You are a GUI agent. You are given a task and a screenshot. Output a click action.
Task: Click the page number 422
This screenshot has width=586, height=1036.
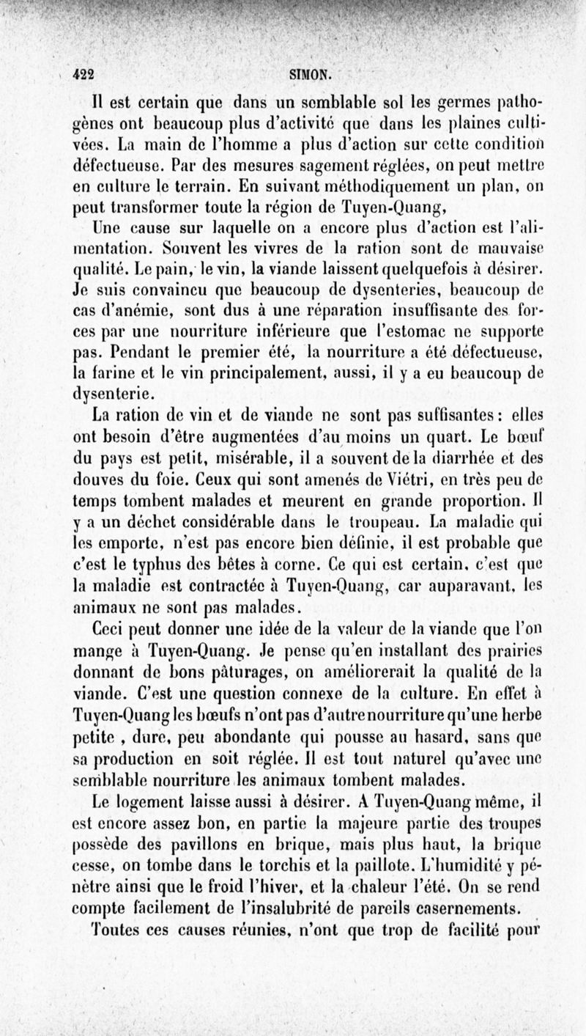pyautogui.click(x=88, y=74)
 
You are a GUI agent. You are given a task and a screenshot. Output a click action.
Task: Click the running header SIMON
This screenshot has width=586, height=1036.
pyautogui.click(x=311, y=73)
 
